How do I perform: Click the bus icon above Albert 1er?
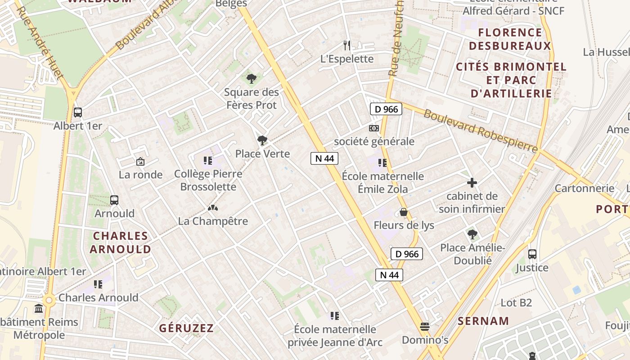[78, 112]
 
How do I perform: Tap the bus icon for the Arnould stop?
[114, 200]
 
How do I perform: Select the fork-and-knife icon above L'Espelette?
[347, 45]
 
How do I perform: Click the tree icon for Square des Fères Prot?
[252, 79]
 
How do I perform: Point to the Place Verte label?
[262, 154]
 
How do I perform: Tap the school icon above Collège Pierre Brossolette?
[207, 161]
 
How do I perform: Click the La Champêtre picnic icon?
[213, 208]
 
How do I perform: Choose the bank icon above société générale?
[374, 128]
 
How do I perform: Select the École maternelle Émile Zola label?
[383, 182]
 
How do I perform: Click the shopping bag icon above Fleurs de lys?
[404, 211]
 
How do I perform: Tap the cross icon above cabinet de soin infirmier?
[472, 183]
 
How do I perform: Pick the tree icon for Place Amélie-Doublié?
[472, 234]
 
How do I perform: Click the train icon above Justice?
[532, 254]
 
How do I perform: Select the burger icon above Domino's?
[425, 326]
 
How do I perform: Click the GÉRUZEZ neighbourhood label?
[186, 328]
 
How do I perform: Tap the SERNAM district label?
[483, 321]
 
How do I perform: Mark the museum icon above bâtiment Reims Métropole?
[39, 309]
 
